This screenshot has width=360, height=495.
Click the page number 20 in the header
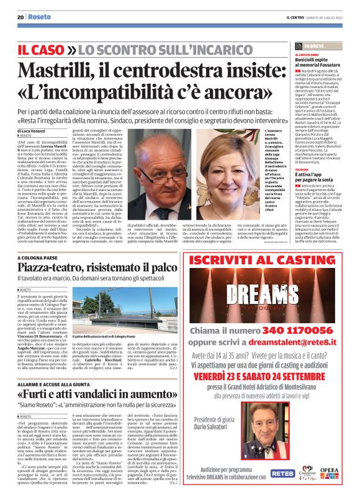20,17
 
